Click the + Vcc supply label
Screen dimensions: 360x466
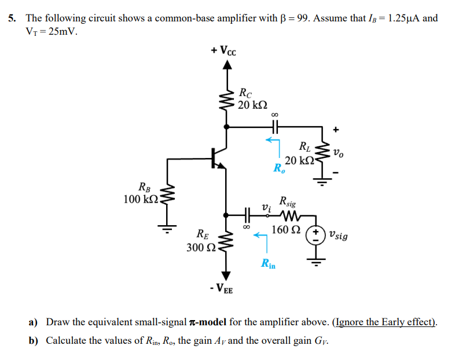click(x=223, y=50)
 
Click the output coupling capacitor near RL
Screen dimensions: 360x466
click(x=274, y=125)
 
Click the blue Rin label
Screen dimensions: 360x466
click(x=268, y=265)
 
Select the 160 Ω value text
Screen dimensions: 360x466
click(x=285, y=230)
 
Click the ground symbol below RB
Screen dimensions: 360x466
click(x=168, y=227)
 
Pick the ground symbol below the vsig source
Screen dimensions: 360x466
click(x=316, y=263)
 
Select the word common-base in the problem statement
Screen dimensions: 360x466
click(x=177, y=18)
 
